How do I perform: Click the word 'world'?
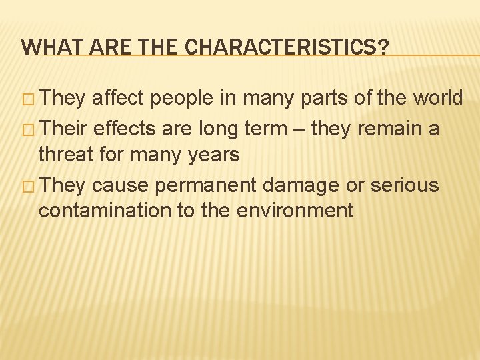point(437,99)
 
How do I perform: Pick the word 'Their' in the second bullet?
point(65,127)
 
